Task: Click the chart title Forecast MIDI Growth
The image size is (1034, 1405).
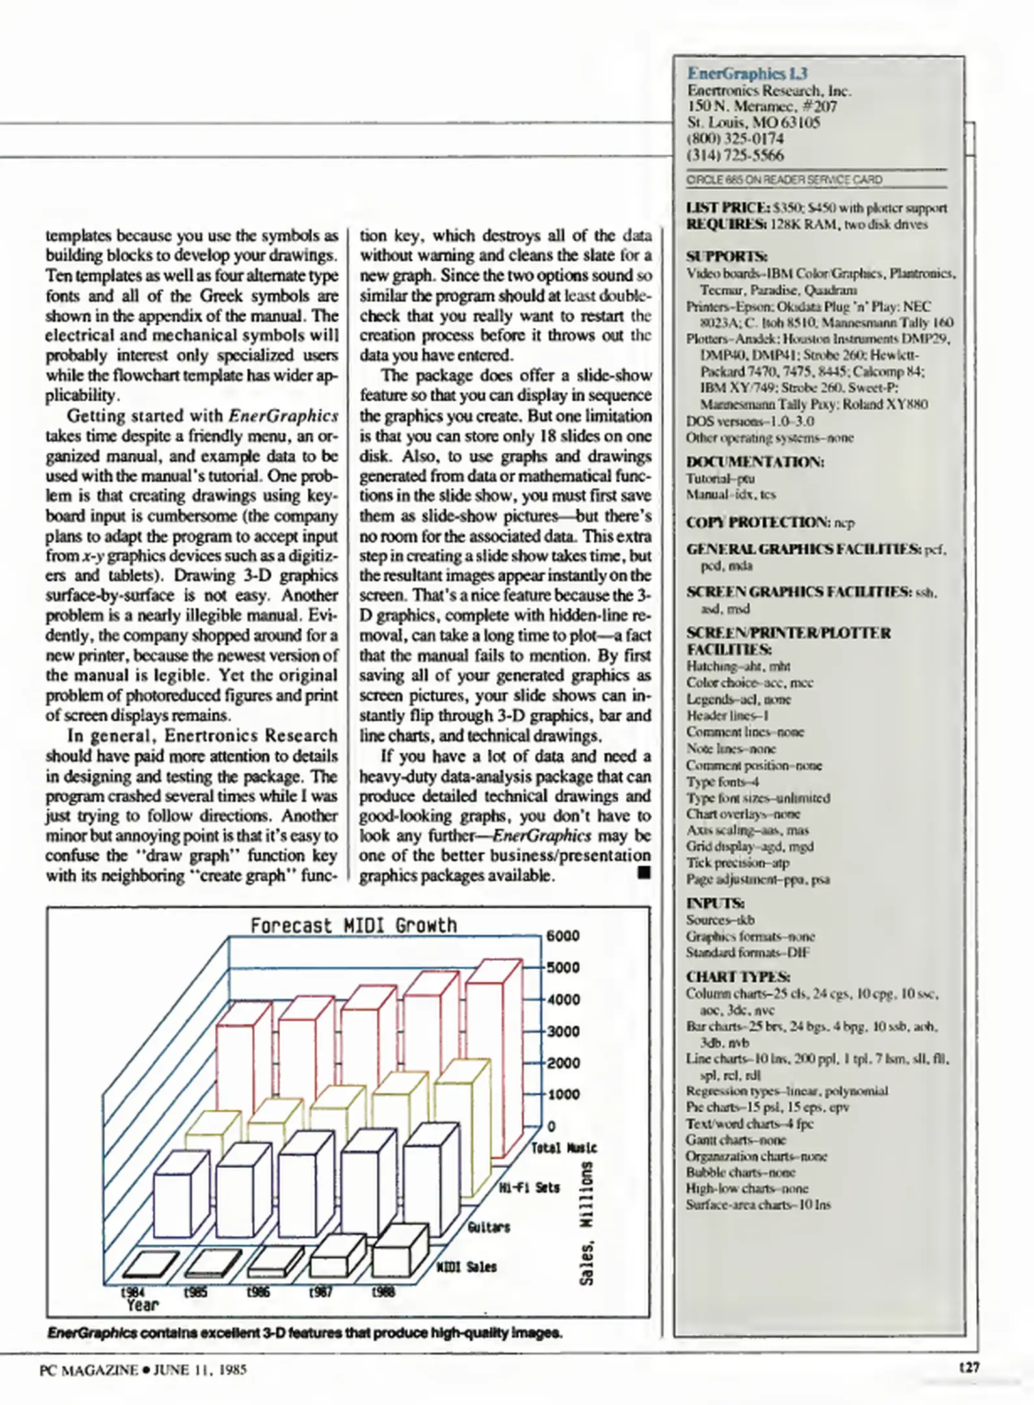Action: click(353, 925)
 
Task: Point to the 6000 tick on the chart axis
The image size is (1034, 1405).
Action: click(563, 936)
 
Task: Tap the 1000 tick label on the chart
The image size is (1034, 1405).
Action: click(563, 1095)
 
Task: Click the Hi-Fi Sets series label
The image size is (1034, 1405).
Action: click(529, 1188)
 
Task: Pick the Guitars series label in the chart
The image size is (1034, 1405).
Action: click(488, 1227)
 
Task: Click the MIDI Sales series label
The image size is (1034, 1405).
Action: click(466, 1267)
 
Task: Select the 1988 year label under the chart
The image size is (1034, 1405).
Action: click(383, 1292)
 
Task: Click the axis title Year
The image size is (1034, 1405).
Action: click(142, 1305)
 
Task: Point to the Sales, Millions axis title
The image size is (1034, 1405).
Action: click(586, 1223)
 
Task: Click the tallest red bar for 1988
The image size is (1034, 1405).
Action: click(493, 1054)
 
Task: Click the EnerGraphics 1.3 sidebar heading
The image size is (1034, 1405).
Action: click(747, 74)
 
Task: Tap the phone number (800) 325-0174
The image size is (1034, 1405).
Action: click(735, 139)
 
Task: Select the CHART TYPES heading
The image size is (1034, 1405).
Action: click(738, 977)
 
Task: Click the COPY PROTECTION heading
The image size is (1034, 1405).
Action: click(757, 522)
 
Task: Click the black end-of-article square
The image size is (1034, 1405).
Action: click(643, 872)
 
